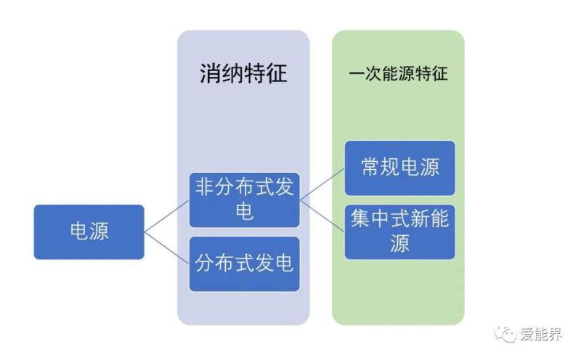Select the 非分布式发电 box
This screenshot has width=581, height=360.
(244, 200)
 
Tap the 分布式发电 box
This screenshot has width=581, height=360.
(244, 263)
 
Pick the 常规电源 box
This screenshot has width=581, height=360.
(399, 168)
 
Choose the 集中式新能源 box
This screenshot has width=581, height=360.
(399, 232)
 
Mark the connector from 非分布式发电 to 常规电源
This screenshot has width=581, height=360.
(322, 184)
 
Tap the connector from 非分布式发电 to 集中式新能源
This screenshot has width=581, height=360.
(322, 216)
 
